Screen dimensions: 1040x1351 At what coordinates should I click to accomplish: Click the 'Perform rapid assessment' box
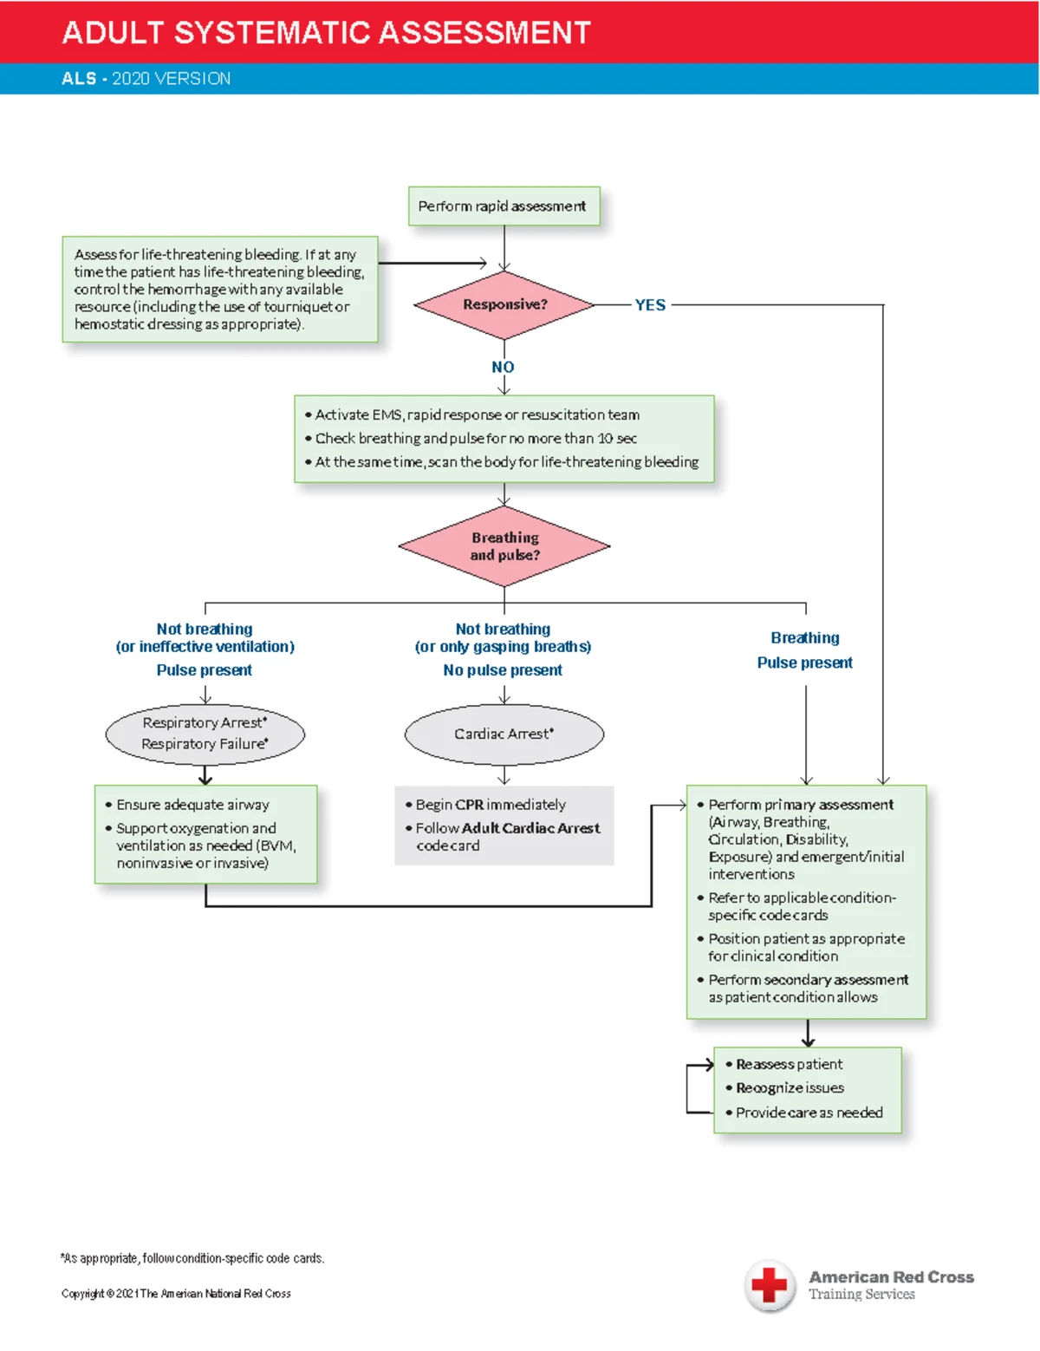click(x=504, y=206)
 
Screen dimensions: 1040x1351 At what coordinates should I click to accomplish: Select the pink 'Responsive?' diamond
click(x=504, y=304)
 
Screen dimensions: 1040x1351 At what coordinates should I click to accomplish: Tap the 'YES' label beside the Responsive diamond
click(x=650, y=304)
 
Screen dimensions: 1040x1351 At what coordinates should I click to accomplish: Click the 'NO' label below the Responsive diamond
click(x=503, y=367)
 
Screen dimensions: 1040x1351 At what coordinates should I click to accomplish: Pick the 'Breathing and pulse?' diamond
click(x=504, y=546)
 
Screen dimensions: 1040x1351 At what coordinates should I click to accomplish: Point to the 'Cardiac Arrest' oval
click(x=504, y=734)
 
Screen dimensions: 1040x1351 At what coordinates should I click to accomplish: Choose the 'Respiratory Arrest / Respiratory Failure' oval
click(x=205, y=734)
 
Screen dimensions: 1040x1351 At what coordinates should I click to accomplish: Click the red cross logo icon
click(x=770, y=1286)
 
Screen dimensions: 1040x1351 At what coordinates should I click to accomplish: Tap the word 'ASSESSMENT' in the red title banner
click(x=484, y=32)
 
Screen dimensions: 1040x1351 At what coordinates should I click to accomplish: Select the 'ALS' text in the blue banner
click(x=79, y=79)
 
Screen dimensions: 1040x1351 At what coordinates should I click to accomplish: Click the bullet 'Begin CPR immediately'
click(x=485, y=805)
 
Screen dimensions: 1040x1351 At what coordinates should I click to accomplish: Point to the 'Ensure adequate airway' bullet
click(x=187, y=805)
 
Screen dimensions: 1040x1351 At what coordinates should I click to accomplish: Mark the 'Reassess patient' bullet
click(x=783, y=1064)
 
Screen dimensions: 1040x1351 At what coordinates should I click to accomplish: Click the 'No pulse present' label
click(x=503, y=670)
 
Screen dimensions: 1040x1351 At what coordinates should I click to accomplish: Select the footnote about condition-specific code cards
click(x=192, y=1258)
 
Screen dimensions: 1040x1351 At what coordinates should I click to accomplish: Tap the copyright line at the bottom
click(x=176, y=1293)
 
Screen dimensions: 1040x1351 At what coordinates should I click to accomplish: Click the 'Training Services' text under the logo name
click(x=861, y=1294)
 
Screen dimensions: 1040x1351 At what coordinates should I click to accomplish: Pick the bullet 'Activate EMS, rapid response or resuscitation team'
click(x=472, y=414)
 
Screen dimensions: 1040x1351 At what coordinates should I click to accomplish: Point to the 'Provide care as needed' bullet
click(x=804, y=1113)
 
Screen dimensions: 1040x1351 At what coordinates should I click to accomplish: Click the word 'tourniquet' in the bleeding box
click(x=298, y=306)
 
